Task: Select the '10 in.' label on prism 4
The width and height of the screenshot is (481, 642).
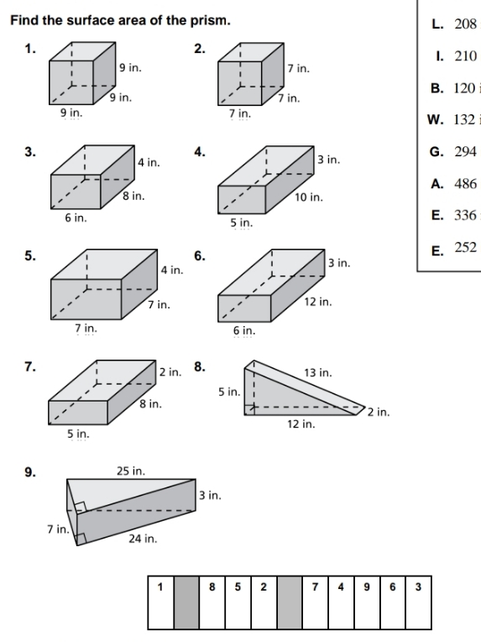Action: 309,197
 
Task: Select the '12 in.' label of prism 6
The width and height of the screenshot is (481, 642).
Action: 320,300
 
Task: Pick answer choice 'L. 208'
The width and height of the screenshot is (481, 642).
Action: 453,24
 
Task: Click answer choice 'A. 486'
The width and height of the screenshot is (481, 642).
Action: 453,183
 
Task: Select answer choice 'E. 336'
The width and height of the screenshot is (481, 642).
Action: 453,215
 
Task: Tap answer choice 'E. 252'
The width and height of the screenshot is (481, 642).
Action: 453,250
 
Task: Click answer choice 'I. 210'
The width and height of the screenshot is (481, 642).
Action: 453,56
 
